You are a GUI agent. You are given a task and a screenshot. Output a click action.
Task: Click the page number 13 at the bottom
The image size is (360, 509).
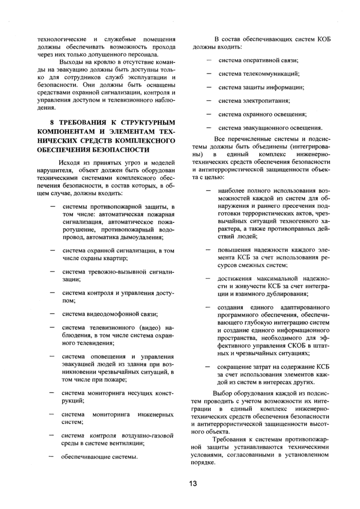193,483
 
